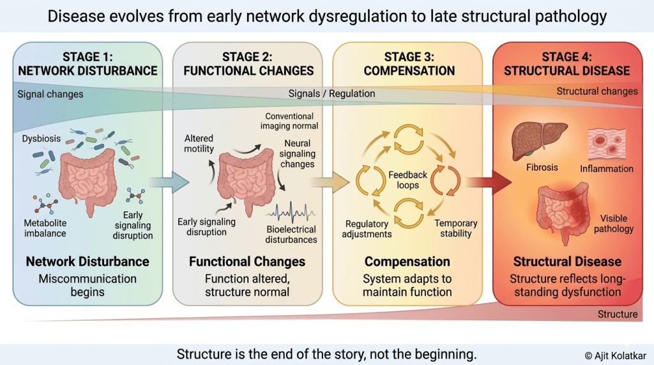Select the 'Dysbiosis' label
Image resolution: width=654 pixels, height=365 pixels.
[x=42, y=139]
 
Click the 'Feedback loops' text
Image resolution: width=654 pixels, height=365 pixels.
[x=407, y=180]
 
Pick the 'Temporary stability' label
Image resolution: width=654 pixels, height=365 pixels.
[x=456, y=228]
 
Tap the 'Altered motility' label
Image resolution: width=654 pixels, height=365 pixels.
[x=199, y=144]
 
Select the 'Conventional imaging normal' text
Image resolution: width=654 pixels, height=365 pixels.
[x=290, y=121]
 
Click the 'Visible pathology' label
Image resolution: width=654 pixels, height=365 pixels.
[x=614, y=224]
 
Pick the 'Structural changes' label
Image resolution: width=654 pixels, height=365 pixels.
[x=597, y=91]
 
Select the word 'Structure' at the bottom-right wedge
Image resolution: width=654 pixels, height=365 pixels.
[x=618, y=314]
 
